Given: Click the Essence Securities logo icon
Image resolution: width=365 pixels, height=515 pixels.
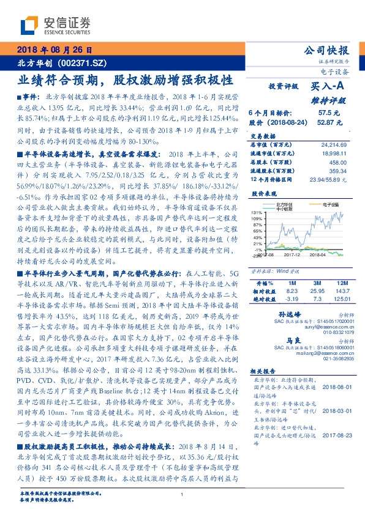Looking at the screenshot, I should [x=30, y=26].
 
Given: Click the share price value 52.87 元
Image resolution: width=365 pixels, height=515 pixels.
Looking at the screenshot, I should [x=324, y=122].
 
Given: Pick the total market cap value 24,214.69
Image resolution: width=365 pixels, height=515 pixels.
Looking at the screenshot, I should [x=333, y=144].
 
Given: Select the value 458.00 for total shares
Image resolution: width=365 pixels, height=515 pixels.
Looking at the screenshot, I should [x=338, y=163].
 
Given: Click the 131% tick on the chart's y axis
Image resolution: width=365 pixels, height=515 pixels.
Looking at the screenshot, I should [x=257, y=212].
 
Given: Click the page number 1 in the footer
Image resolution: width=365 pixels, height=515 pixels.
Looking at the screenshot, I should [x=183, y=495].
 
